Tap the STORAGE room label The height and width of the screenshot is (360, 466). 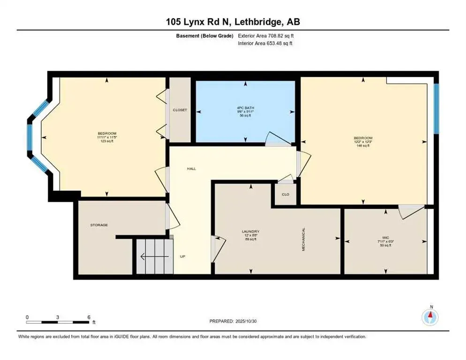click(x=99, y=225)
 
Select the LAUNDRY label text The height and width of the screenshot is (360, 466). click(x=251, y=232)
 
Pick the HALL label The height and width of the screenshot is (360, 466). click(x=191, y=169)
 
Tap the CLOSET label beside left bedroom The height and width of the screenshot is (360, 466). click(x=180, y=110)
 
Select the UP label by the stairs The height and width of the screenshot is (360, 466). click(x=183, y=256)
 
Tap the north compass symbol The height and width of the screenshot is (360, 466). click(x=430, y=317)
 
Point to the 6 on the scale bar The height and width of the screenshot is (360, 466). click(x=88, y=317)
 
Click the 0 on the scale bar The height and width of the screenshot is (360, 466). click(x=27, y=317)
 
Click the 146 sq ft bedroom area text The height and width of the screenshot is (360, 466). click(x=362, y=146)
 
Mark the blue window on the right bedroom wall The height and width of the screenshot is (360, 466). click(x=436, y=108)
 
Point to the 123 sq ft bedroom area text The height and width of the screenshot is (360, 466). click(x=107, y=141)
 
